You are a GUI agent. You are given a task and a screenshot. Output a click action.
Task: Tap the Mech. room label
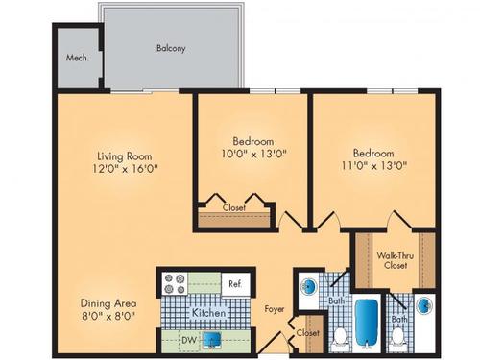tap(77, 57)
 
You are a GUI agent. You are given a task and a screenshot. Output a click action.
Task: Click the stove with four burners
tap(174, 283)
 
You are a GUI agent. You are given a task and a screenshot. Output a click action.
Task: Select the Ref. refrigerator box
tap(234, 283)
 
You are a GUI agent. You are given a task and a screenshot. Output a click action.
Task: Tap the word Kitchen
tap(208, 313)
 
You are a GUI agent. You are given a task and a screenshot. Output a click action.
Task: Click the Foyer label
tap(275, 309)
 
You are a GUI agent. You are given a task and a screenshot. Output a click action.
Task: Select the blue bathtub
tap(365, 324)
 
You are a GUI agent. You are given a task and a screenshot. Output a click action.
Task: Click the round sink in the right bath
tap(423, 306)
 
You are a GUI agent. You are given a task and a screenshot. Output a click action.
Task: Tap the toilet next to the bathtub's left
tap(338, 336)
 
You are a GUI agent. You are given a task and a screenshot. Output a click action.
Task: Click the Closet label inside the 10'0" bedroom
tap(233, 207)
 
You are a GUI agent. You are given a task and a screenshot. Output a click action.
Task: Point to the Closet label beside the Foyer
tap(307, 332)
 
